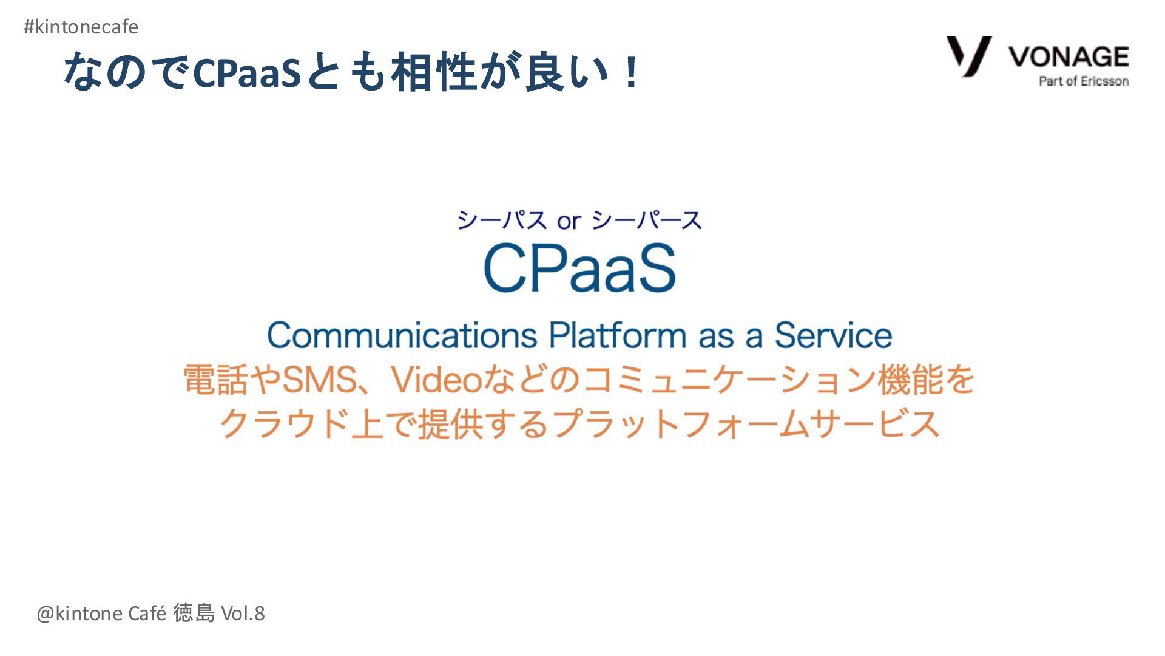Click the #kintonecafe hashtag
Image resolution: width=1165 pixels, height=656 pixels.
[81, 27]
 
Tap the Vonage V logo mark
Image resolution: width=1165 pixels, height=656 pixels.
[969, 56]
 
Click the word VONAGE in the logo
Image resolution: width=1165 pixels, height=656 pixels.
[1069, 56]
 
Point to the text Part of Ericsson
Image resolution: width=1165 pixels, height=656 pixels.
[1084, 81]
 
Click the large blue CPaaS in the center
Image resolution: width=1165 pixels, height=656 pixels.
[579, 268]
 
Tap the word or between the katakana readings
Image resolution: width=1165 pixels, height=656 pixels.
[569, 222]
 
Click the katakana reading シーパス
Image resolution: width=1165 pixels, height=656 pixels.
[502, 220]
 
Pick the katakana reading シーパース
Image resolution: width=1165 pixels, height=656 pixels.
[647, 220]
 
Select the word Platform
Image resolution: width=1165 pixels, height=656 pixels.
[618, 335]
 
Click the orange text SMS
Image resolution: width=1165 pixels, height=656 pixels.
[320, 380]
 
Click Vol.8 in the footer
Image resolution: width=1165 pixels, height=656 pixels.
[243, 613]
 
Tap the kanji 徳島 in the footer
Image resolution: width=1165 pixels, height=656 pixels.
[194, 613]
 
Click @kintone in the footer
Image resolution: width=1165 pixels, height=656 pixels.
[79, 613]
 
